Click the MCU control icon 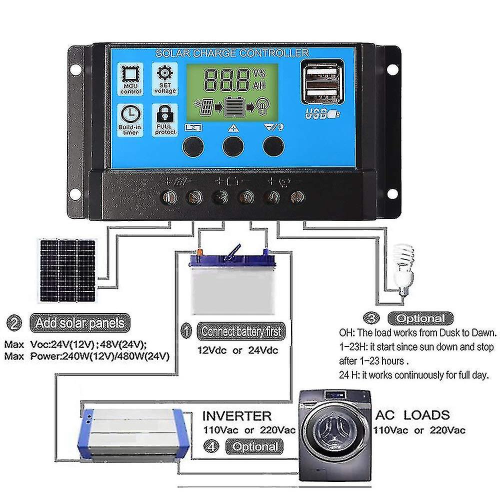click(130, 75)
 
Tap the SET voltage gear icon click(165, 73)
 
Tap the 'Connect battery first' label click(240, 331)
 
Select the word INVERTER click(237, 416)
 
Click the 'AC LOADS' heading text click(412, 414)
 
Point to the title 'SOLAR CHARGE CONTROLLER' click(232, 53)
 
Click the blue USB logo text click(317, 114)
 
